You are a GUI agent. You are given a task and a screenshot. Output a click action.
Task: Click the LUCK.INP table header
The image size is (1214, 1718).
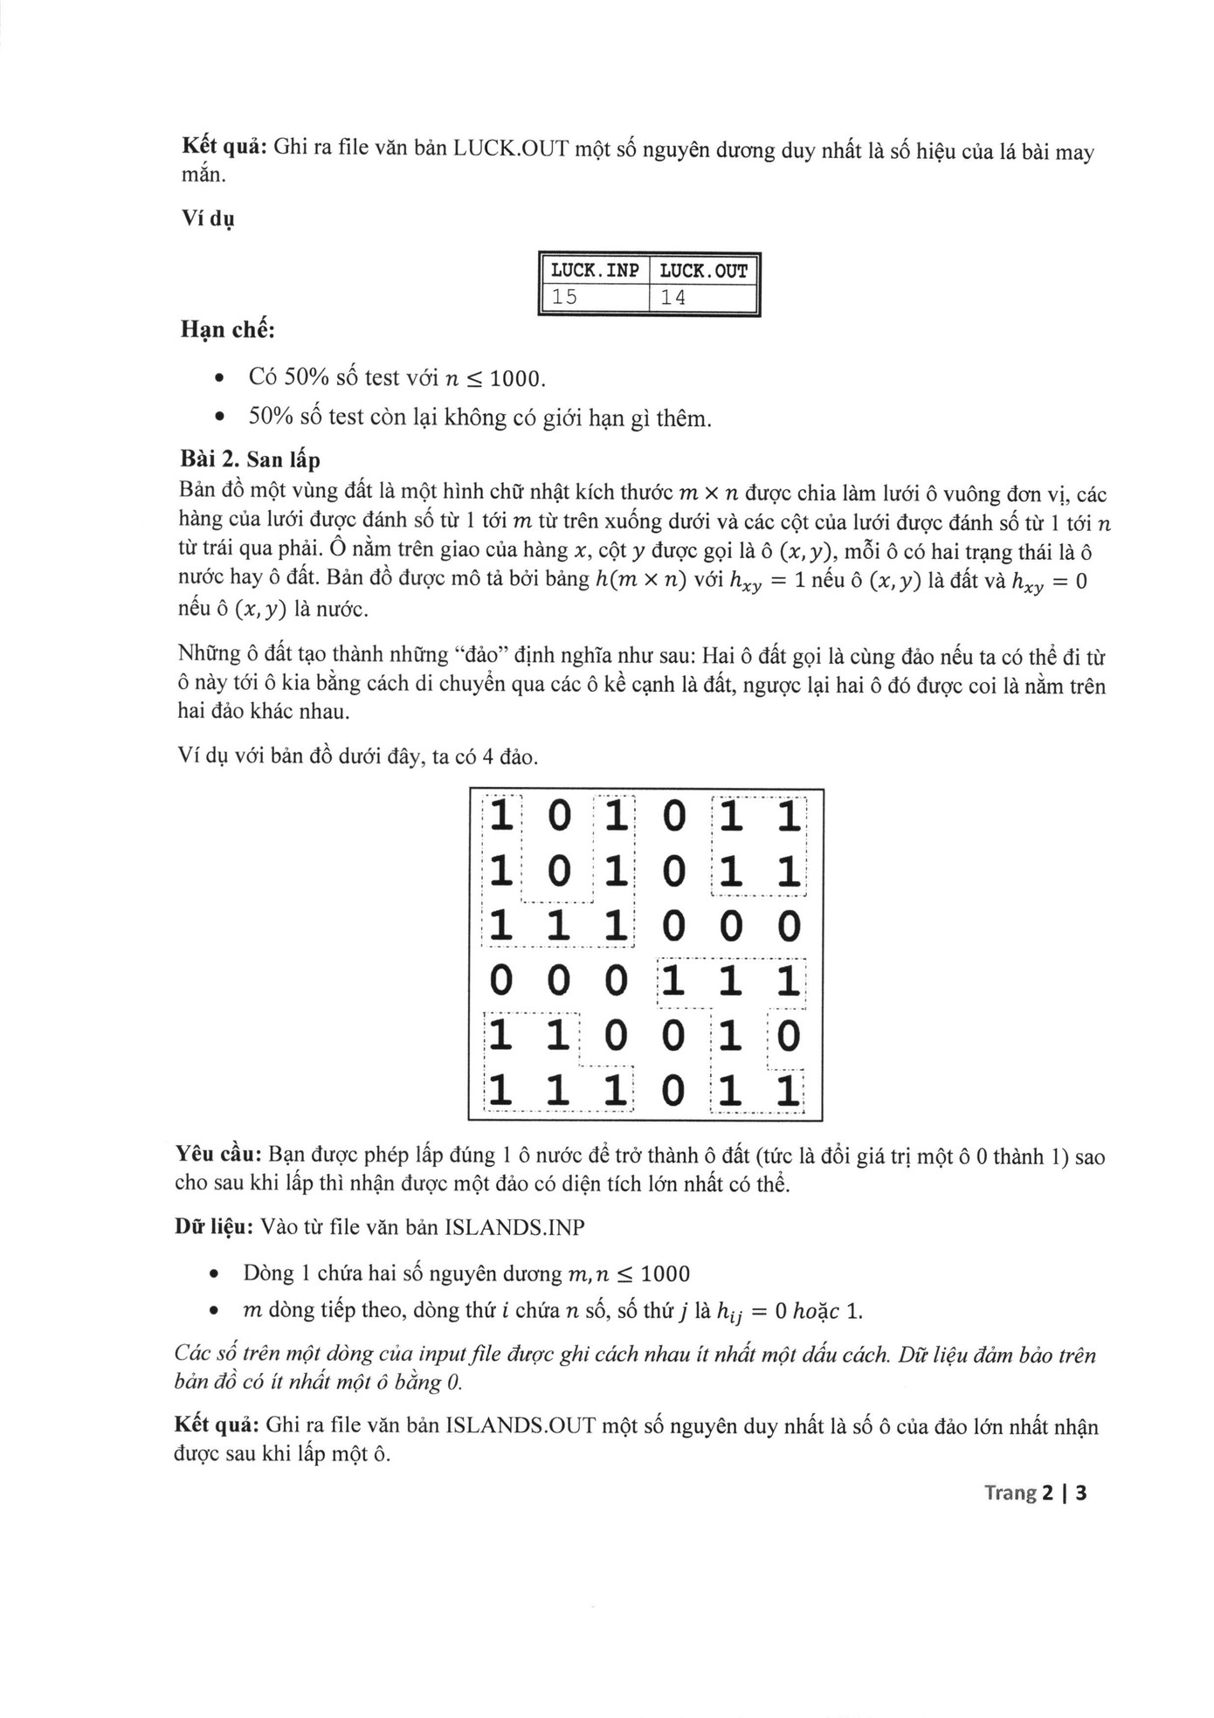(x=594, y=271)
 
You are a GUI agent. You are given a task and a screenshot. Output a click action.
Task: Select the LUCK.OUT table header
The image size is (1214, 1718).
(x=703, y=271)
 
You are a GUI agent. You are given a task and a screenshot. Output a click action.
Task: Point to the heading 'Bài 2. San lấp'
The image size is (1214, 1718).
(x=249, y=459)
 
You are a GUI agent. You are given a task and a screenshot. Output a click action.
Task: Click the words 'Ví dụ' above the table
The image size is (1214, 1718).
(x=207, y=218)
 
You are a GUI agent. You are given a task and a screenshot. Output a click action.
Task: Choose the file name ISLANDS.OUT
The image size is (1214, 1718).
(x=520, y=1427)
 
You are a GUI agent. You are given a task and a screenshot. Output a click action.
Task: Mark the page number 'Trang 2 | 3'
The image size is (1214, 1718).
(x=1035, y=1493)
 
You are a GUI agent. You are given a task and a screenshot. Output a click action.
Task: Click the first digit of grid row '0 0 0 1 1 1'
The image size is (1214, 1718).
(x=500, y=982)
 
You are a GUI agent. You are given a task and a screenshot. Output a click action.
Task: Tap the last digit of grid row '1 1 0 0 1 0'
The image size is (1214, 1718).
(x=788, y=1037)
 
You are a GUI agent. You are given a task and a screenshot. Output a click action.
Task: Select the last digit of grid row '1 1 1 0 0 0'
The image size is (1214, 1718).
(x=788, y=927)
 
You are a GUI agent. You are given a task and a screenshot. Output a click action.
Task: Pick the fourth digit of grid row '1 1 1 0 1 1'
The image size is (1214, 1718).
(x=673, y=1091)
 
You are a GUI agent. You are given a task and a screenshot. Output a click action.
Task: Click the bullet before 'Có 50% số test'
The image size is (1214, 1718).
(x=219, y=379)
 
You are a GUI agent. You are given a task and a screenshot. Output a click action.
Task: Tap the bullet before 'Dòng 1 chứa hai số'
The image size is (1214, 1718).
(x=214, y=1274)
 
